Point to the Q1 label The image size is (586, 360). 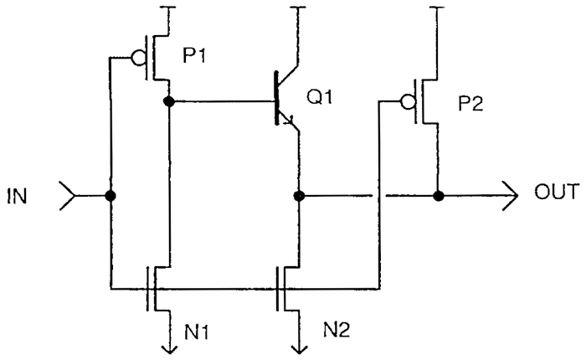click(x=319, y=96)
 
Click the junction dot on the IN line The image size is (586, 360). click(x=110, y=198)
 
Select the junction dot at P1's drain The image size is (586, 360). click(x=169, y=101)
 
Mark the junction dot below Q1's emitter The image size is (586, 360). click(x=299, y=198)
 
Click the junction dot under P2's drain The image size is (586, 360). click(x=436, y=198)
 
